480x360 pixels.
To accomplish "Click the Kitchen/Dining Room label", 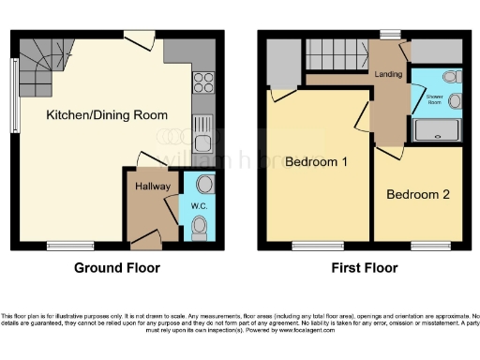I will tap(108, 115).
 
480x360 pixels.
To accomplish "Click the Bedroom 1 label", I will tap(317, 162).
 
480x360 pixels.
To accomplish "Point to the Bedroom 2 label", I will tap(418, 194).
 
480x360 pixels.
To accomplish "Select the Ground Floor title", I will tap(117, 268).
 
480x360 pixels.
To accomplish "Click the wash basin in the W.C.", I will tap(206, 185).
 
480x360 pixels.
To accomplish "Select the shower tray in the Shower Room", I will tap(436, 131).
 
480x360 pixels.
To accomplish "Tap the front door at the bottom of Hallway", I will tap(150, 246).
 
